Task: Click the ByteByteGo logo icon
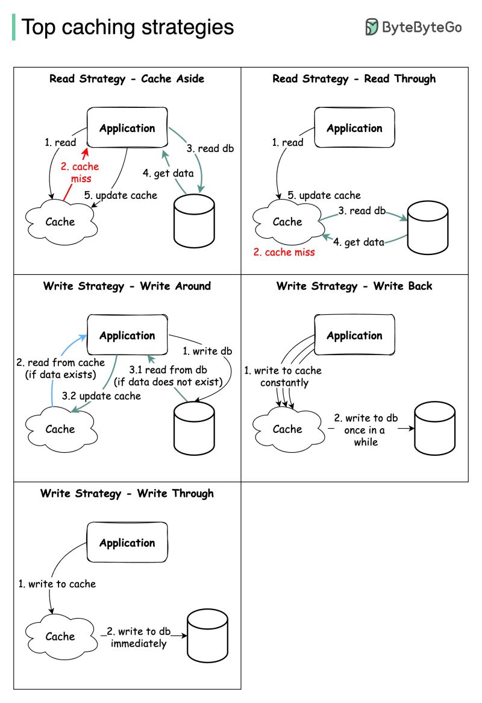click(372, 27)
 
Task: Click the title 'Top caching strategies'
click(128, 27)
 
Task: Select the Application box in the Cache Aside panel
click(127, 128)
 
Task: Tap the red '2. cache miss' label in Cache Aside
click(80, 172)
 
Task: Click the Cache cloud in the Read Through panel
click(287, 222)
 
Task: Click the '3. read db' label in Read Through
click(361, 210)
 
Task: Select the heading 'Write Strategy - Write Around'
click(127, 286)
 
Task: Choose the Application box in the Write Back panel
click(354, 335)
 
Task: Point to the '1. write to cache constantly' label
click(283, 376)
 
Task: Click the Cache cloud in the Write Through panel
click(60, 636)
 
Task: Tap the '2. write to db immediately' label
click(139, 637)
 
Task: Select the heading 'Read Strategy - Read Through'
click(354, 78)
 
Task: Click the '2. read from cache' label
click(60, 368)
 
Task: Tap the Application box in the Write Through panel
click(127, 543)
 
